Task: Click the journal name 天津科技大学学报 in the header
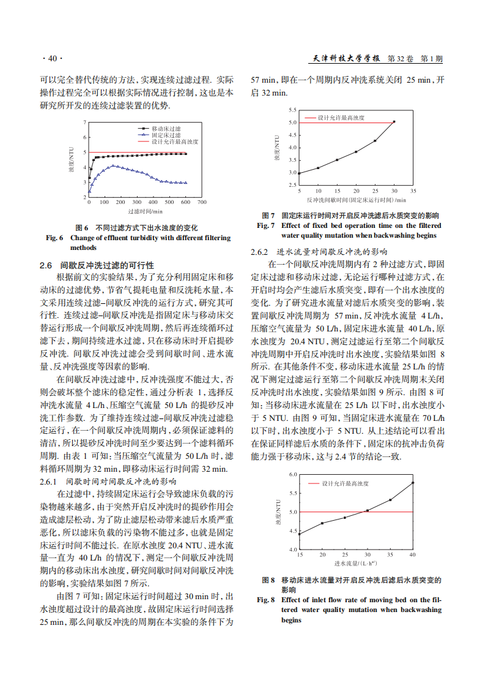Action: [x=347, y=59]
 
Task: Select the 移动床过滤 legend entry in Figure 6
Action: [x=166, y=129]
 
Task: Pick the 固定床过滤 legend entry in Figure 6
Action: [x=166, y=135]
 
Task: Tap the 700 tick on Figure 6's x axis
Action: [x=202, y=202]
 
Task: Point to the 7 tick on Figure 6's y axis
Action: [x=84, y=123]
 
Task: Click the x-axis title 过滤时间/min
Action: [x=146, y=211]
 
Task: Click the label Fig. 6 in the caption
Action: [x=55, y=238]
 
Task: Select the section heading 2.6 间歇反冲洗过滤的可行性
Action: [x=97, y=265]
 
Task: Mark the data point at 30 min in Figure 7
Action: [x=394, y=121]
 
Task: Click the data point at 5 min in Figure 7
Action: [x=299, y=173]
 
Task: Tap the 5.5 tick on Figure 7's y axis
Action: [x=293, y=110]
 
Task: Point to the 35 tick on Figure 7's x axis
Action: [x=413, y=192]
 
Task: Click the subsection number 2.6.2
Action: [x=260, y=252]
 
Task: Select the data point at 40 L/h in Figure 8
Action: [x=413, y=483]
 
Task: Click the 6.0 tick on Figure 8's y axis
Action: [x=293, y=474]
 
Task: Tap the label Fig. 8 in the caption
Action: [x=267, y=600]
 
